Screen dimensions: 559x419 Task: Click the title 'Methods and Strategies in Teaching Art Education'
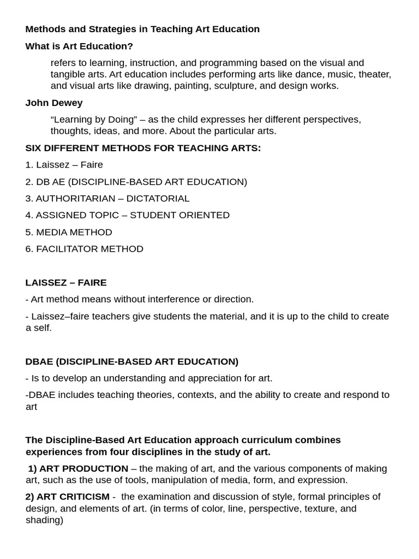point(142,29)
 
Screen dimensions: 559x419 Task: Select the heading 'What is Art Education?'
point(79,46)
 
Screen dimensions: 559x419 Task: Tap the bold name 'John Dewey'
point(54,103)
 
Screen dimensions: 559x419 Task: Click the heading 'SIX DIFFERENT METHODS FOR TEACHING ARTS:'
point(143,148)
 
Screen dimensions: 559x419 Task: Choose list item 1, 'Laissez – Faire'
point(64,165)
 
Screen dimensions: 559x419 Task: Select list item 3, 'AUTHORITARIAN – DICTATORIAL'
point(107,199)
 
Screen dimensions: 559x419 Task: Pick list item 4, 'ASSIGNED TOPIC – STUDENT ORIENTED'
point(128,215)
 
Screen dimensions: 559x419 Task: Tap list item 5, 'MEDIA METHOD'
point(69,232)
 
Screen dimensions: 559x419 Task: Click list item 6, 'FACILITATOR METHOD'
point(85,249)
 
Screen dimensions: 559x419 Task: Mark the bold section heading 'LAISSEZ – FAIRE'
point(66,283)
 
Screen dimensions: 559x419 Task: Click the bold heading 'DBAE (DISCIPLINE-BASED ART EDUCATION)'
point(132,361)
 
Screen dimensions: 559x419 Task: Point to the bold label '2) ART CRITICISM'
point(68,497)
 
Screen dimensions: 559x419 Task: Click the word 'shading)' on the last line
point(44,520)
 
